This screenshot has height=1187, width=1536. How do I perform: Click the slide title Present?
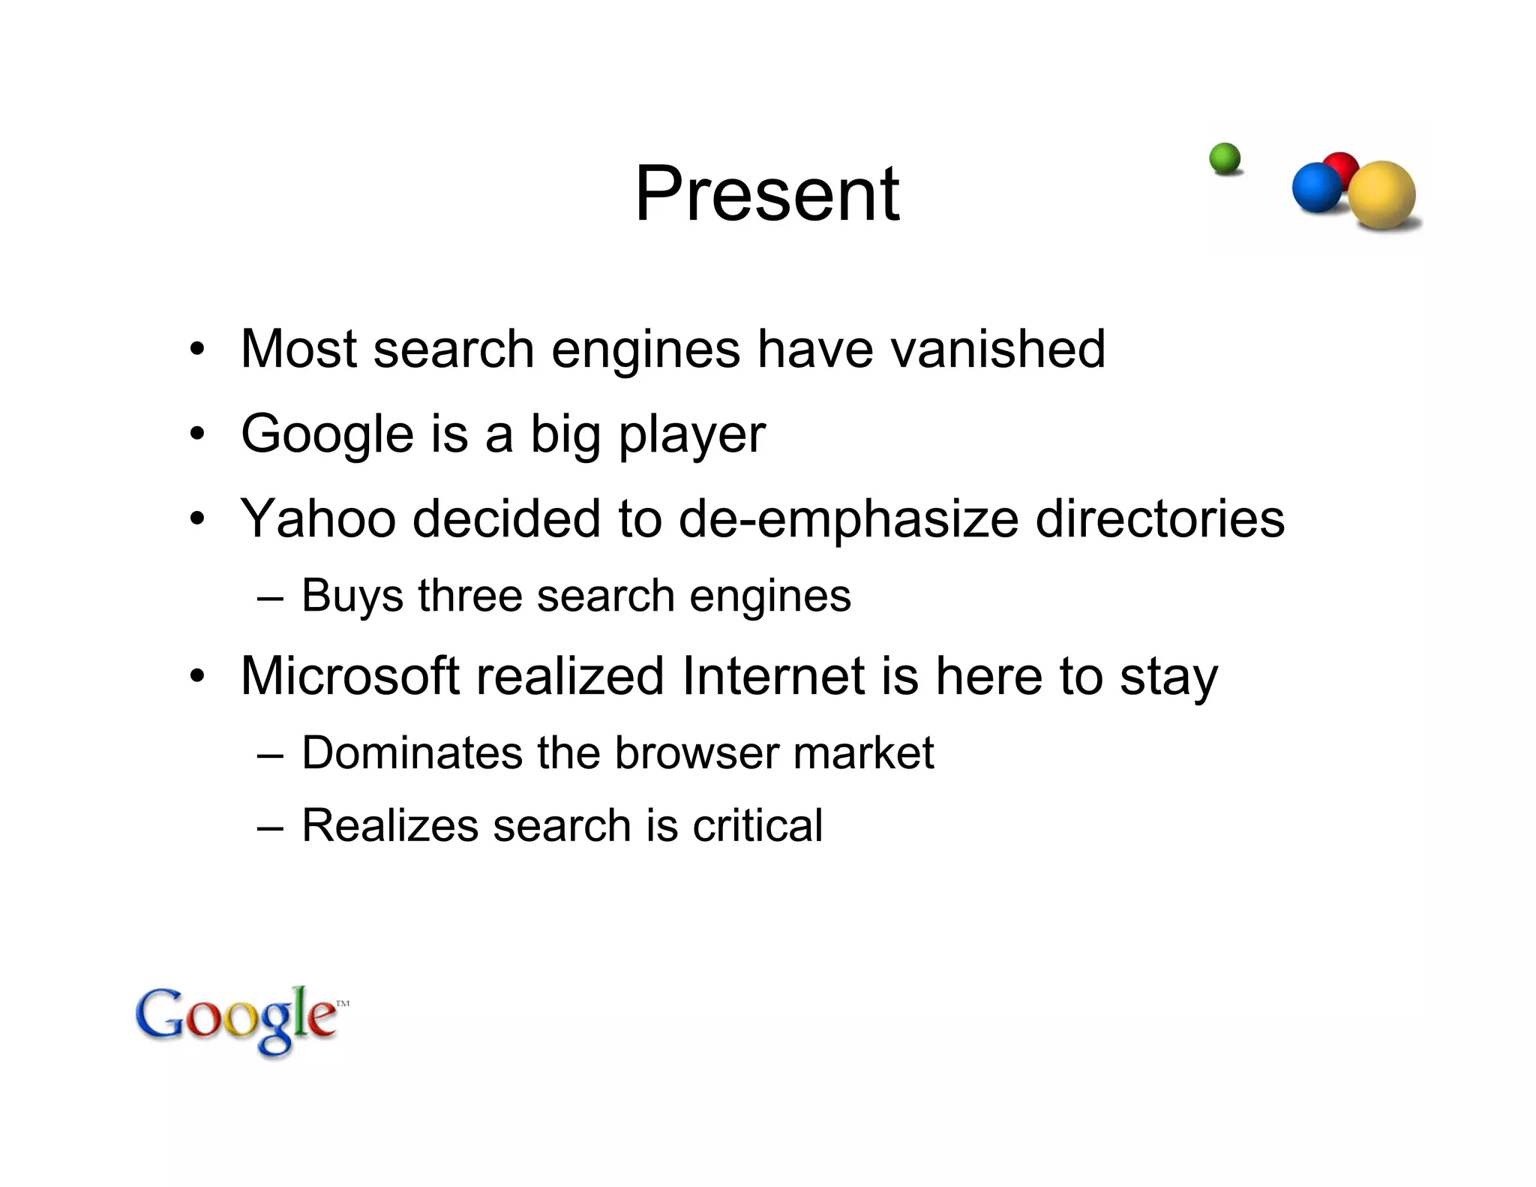(x=766, y=194)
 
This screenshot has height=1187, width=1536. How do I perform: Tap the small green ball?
(x=1225, y=159)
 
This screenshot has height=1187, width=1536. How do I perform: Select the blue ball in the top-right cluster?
(x=1315, y=188)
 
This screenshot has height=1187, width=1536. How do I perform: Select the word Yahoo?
(x=318, y=518)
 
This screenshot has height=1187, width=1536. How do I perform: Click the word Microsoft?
(x=349, y=676)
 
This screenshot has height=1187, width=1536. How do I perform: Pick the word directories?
(x=1159, y=518)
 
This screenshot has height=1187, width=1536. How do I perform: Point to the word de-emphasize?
(x=848, y=520)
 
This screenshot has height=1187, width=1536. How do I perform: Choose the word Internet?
(x=773, y=676)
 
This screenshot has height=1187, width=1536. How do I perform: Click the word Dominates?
(x=411, y=753)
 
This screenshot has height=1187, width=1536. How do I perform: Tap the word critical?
(x=757, y=825)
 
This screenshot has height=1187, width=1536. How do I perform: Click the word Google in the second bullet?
(x=327, y=435)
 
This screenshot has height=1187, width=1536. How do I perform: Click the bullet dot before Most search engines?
(x=196, y=350)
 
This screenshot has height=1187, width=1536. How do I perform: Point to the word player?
(x=691, y=435)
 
